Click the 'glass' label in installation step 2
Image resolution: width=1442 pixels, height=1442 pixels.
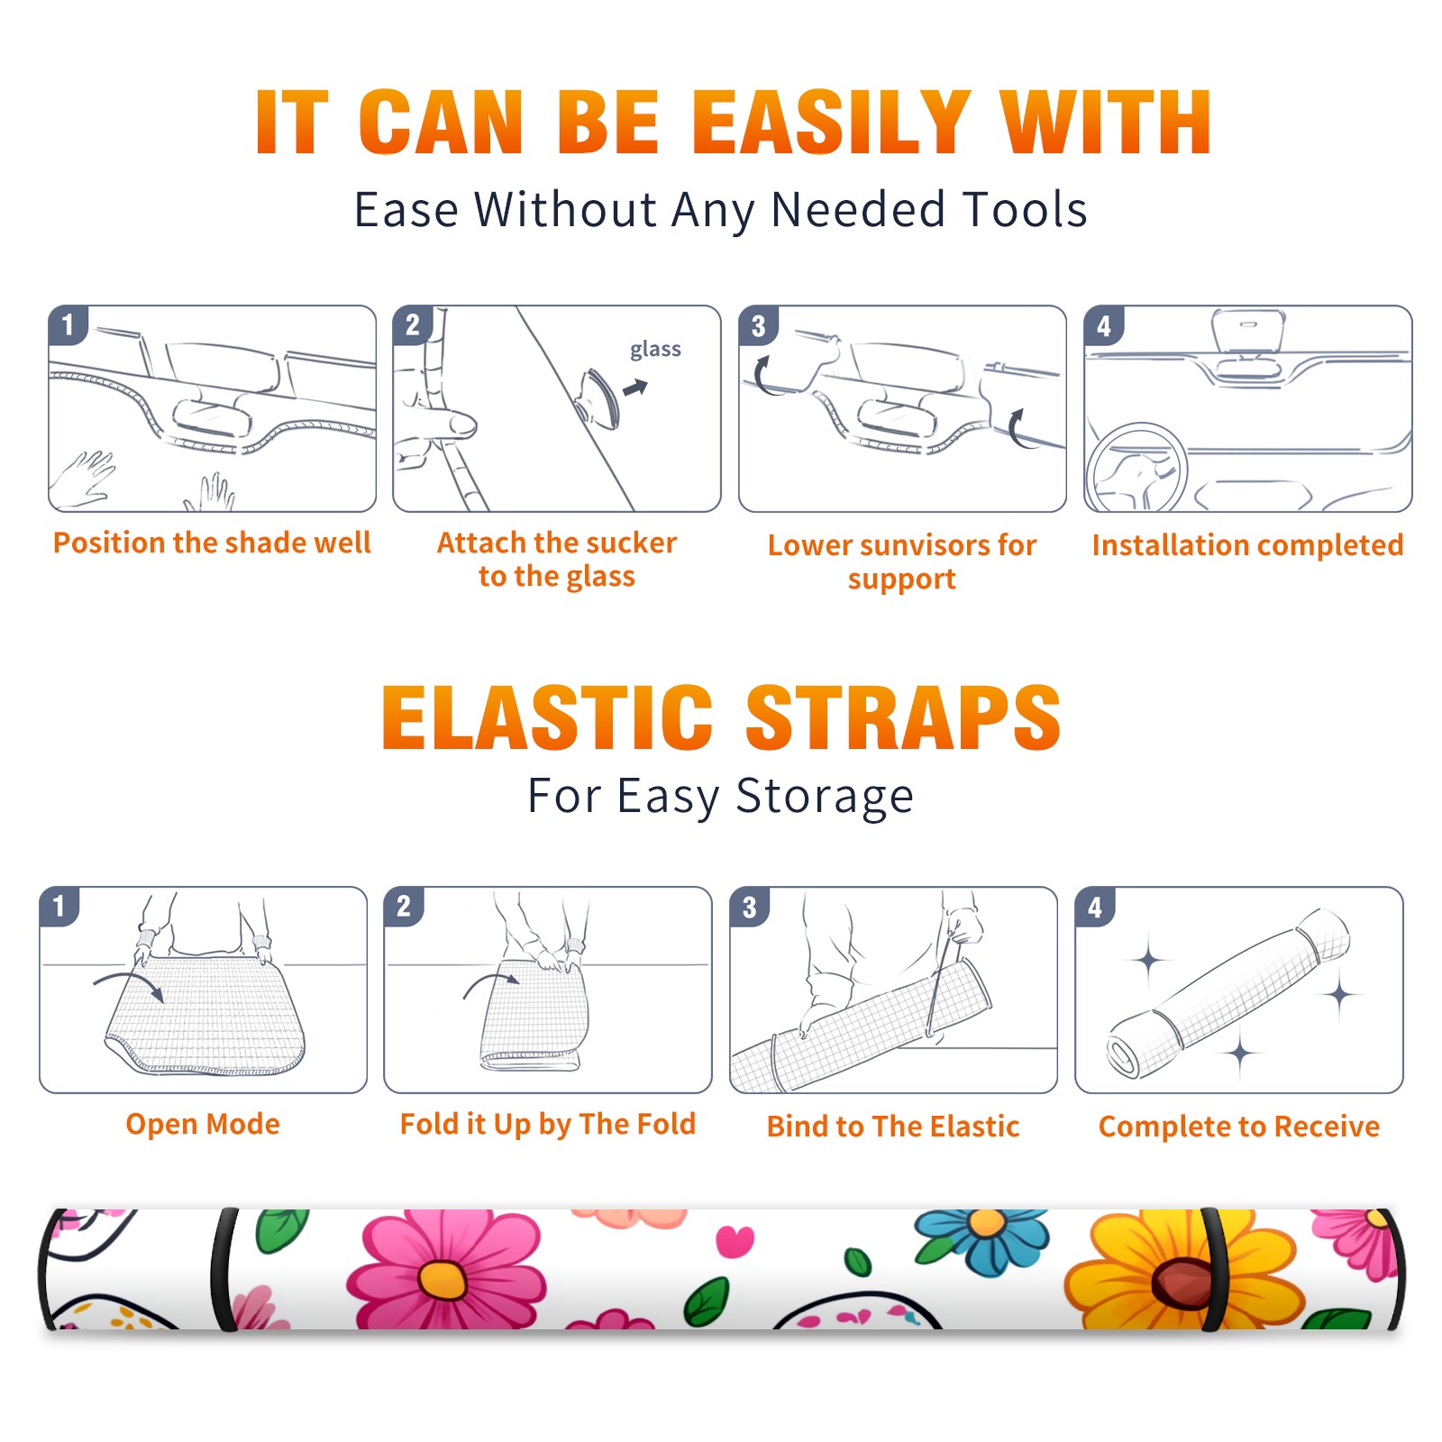tap(655, 350)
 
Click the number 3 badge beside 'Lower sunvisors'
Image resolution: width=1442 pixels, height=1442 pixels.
tap(759, 325)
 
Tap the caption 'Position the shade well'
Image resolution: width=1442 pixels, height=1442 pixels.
tap(212, 543)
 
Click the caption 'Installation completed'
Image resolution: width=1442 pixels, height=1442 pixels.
tap(1247, 544)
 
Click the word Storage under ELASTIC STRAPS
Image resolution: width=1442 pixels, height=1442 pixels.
tap(824, 797)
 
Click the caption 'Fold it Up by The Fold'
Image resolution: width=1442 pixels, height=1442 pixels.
tap(548, 1124)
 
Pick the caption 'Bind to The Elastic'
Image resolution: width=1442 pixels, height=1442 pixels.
tap(893, 1126)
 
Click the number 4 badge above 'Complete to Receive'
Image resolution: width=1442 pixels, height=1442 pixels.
tap(1095, 907)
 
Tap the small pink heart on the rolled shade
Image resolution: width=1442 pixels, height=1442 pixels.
tap(735, 1241)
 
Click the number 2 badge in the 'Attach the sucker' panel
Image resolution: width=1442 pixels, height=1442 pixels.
tap(413, 325)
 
